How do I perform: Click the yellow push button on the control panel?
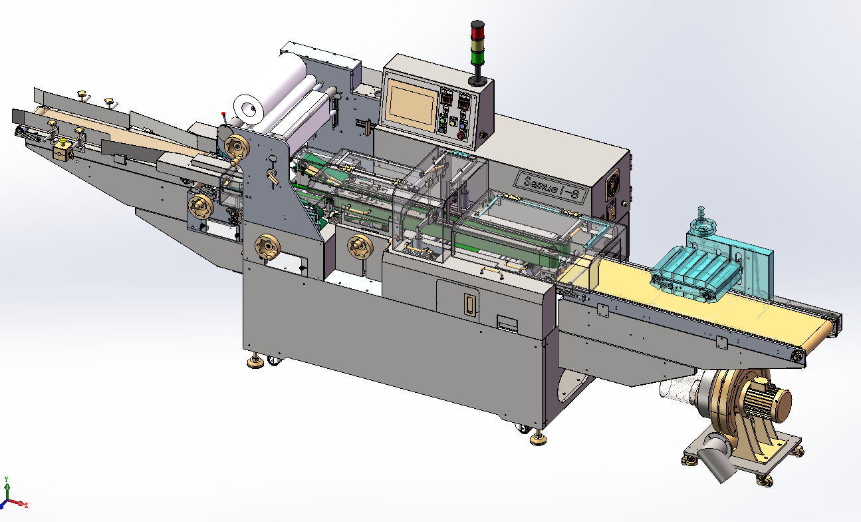point(453,122)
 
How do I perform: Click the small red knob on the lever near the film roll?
point(224,115)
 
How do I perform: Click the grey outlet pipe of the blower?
point(717,459)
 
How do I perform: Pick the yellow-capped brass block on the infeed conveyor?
point(64,148)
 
